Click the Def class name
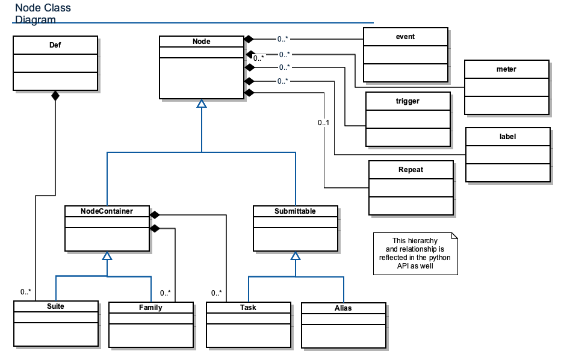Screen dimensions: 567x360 (x=55, y=45)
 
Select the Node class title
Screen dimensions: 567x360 (x=202, y=42)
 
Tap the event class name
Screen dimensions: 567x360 (x=405, y=37)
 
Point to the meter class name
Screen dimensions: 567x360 (x=506, y=69)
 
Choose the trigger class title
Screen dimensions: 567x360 (x=407, y=101)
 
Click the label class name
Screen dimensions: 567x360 (x=507, y=137)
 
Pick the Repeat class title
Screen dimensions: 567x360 (x=411, y=169)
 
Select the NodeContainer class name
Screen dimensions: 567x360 (x=107, y=211)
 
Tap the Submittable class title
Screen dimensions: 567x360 (x=295, y=211)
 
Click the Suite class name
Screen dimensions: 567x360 (x=55, y=306)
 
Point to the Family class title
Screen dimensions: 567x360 (x=150, y=308)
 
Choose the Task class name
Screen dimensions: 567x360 (x=248, y=307)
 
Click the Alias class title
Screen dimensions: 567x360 (x=343, y=308)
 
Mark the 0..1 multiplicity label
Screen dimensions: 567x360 (x=324, y=123)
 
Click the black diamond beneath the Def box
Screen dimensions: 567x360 (x=55, y=96)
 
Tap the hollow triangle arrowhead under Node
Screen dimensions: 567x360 (x=202, y=104)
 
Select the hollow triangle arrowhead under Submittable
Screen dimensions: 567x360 (x=296, y=256)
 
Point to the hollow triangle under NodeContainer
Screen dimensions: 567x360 (x=107, y=256)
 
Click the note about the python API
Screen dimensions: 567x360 (x=415, y=253)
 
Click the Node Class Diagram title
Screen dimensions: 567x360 (x=43, y=13)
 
